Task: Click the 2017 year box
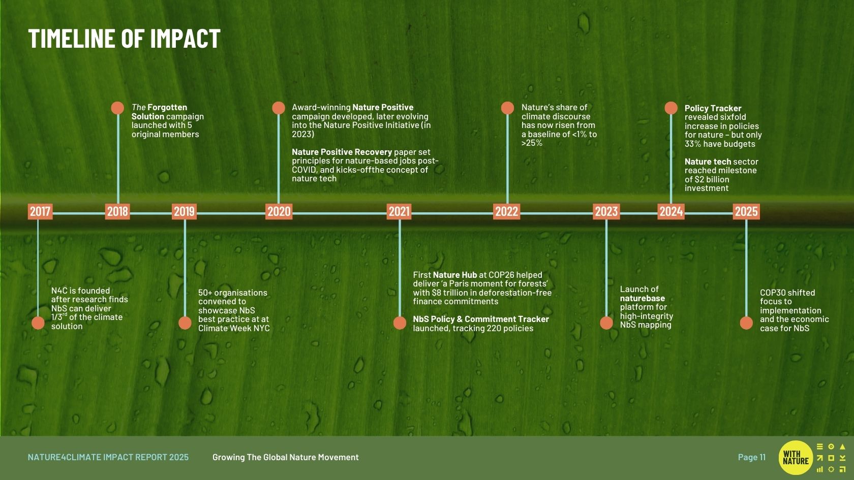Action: pyautogui.click(x=40, y=211)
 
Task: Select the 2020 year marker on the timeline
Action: pyautogui.click(x=279, y=211)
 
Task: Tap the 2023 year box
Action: pyautogui.click(x=606, y=211)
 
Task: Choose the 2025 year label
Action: pyautogui.click(x=746, y=211)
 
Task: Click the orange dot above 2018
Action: pyautogui.click(x=117, y=108)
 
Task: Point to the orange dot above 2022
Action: pyautogui.click(x=507, y=108)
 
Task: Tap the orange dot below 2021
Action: pyautogui.click(x=400, y=323)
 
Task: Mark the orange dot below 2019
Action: pyautogui.click(x=185, y=323)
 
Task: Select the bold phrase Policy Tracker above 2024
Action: pyautogui.click(x=713, y=108)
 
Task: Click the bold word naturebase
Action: pyautogui.click(x=643, y=298)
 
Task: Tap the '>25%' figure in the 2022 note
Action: pyautogui.click(x=532, y=143)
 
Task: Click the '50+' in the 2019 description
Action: pyautogui.click(x=205, y=293)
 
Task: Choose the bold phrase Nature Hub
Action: pyautogui.click(x=455, y=275)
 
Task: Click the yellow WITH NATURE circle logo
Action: pyautogui.click(x=796, y=458)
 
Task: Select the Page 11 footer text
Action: pyautogui.click(x=752, y=457)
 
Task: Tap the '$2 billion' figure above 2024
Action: pyautogui.click(x=712, y=179)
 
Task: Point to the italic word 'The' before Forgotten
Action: pyautogui.click(x=138, y=108)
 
